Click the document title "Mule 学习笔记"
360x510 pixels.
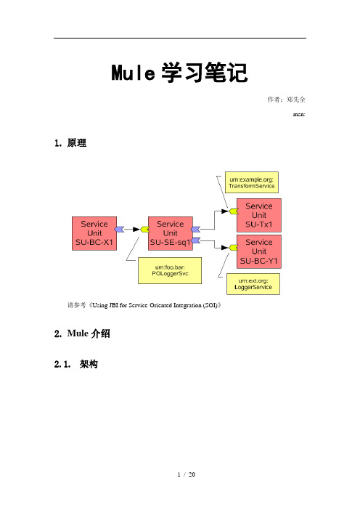[x=180, y=72]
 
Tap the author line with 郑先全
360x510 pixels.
[x=286, y=100]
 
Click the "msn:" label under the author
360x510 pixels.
[x=299, y=114]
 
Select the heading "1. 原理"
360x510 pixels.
[x=70, y=143]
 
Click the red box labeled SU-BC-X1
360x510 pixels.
[x=94, y=233]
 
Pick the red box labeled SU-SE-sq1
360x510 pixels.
[x=171, y=233]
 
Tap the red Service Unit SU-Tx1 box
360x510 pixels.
[x=259, y=215]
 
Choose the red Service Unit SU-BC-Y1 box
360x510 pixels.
[x=259, y=252]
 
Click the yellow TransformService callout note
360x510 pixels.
[x=252, y=182]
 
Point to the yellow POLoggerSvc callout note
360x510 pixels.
[x=170, y=270]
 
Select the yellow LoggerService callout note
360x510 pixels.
[x=253, y=284]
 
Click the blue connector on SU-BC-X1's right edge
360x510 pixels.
[x=120, y=230]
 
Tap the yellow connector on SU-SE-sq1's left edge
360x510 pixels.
[x=145, y=230]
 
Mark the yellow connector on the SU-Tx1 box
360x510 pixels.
[x=234, y=211]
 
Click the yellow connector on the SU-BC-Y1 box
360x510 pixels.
[x=234, y=248]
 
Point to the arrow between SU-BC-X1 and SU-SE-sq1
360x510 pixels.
[x=132, y=230]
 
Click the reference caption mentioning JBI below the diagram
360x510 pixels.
[x=144, y=305]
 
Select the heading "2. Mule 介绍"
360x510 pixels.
[x=82, y=333]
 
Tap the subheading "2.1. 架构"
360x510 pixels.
[x=75, y=364]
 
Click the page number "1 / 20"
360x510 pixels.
[x=187, y=474]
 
